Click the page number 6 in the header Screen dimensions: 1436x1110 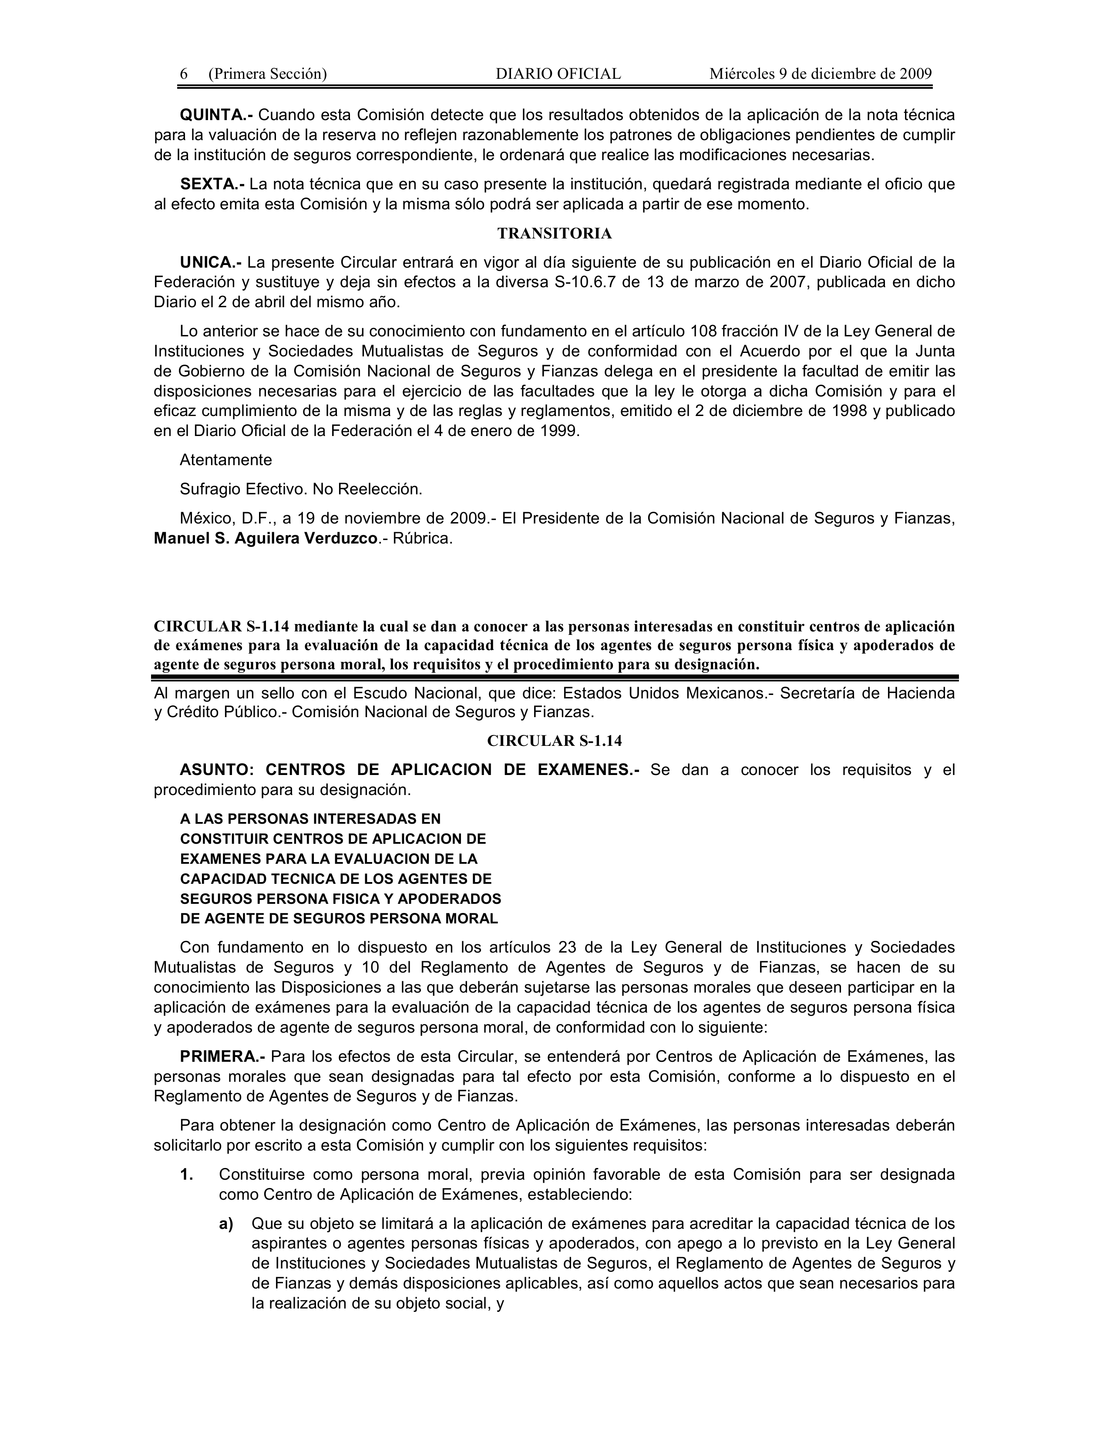coord(184,74)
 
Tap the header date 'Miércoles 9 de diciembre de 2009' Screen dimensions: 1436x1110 coord(820,74)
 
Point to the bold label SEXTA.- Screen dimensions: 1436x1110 coord(212,184)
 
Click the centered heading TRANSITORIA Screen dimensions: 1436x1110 coord(554,233)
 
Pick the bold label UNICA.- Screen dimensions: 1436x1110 coord(210,262)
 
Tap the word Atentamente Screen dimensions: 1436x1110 coord(225,460)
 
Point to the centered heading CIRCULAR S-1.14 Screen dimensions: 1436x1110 coord(554,741)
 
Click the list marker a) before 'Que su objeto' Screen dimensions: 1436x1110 coord(226,1224)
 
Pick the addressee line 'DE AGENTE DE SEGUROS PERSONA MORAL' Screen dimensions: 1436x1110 coord(339,919)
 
